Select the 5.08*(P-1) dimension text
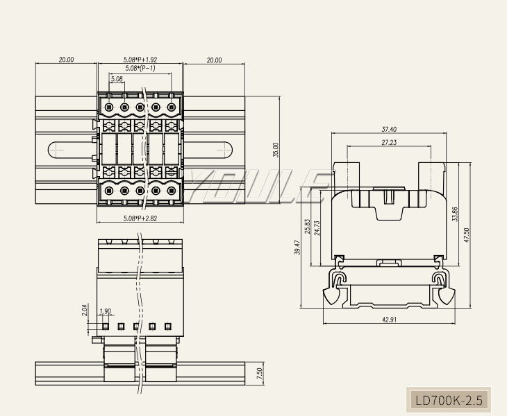(140, 69)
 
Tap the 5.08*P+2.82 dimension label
(140, 219)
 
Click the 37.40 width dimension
(389, 130)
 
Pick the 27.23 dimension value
(389, 142)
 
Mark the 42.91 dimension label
(389, 320)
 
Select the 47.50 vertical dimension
(467, 235)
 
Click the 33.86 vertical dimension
(454, 214)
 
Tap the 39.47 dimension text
(297, 248)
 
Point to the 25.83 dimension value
(308, 227)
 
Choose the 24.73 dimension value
(317, 227)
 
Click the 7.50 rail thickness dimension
(259, 372)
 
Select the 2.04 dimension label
(85, 310)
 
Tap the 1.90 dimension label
(106, 311)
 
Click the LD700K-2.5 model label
(448, 400)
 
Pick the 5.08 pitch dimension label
(117, 79)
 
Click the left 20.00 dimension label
(66, 60)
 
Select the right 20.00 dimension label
(214, 60)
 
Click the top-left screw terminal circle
(110, 107)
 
